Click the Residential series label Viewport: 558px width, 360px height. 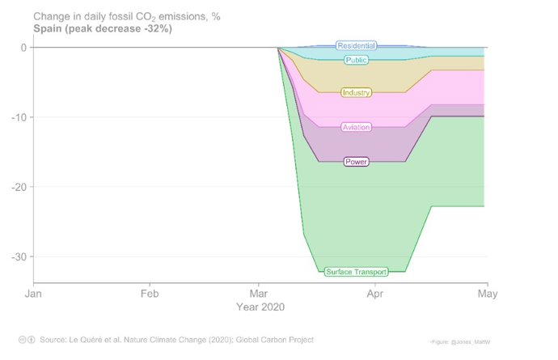pyautogui.click(x=356, y=46)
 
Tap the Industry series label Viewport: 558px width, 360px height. pyautogui.click(x=356, y=93)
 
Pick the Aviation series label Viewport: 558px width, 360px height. pyautogui.click(x=356, y=127)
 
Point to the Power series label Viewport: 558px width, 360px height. pyautogui.click(x=356, y=162)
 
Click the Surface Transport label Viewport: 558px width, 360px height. pyautogui.click(x=356, y=272)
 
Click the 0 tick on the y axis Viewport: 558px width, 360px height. pyautogui.click(x=23, y=48)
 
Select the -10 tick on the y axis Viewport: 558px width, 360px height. pyautogui.click(x=19, y=117)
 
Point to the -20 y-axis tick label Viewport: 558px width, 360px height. pyautogui.click(x=19, y=187)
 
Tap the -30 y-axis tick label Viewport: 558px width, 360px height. pyautogui.click(x=19, y=256)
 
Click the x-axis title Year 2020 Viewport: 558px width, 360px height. pyautogui.click(x=260, y=308)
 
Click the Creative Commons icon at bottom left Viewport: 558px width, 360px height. pyautogui.click(x=23, y=340)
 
